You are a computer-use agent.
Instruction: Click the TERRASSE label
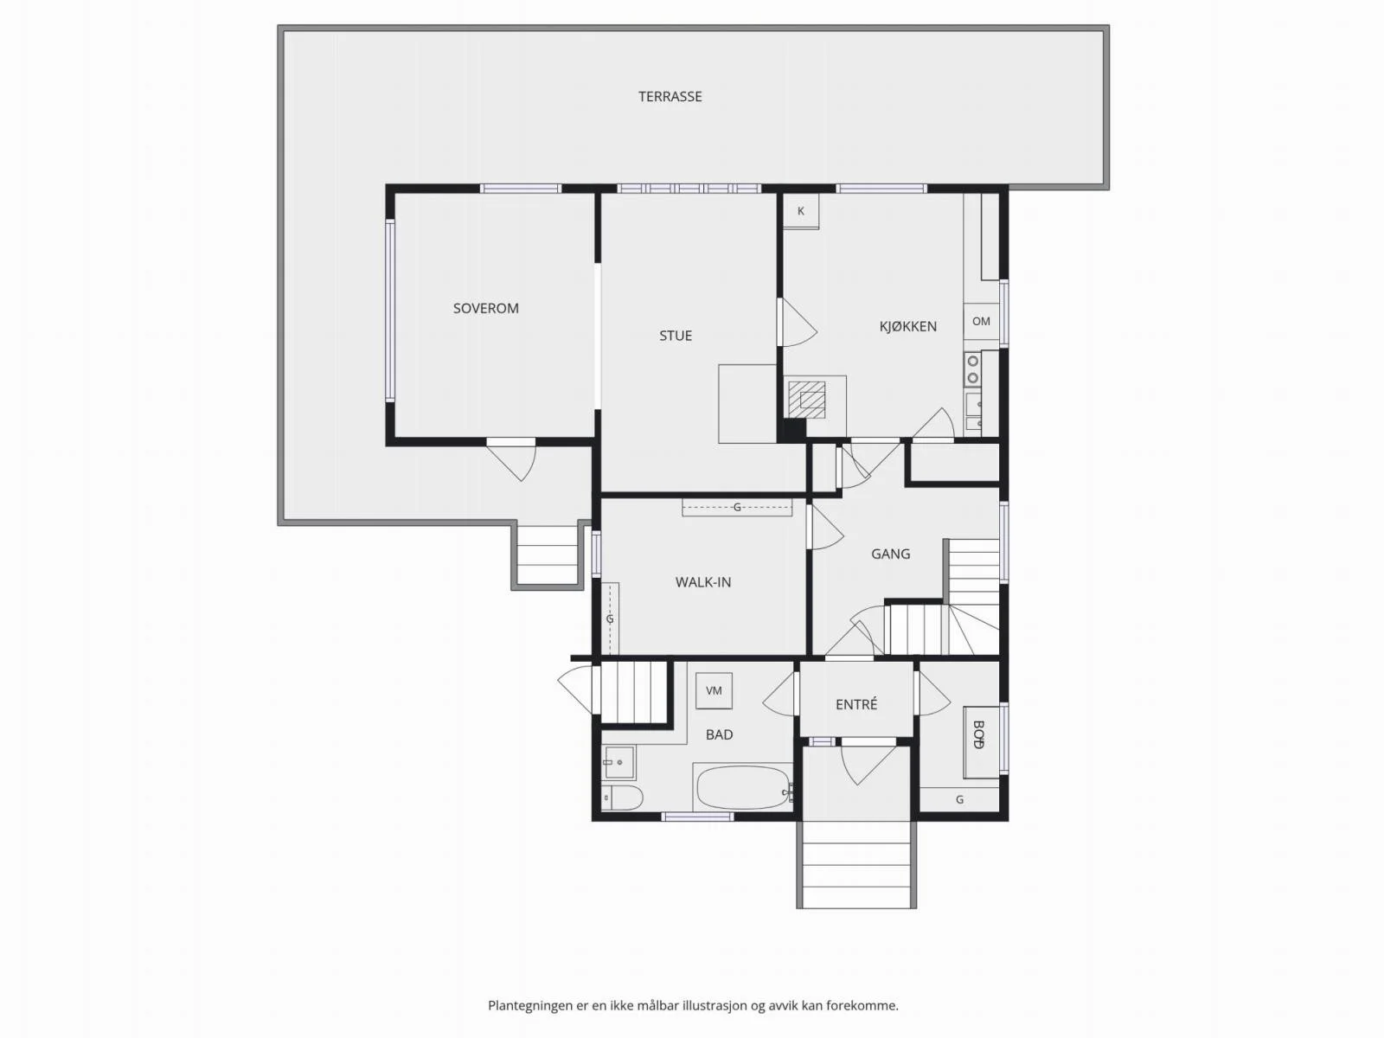[x=670, y=96]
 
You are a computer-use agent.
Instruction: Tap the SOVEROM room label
[x=485, y=308]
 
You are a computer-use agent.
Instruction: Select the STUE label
[x=676, y=336]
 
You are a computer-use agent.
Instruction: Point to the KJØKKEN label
[x=908, y=326]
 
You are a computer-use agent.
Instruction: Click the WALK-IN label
[x=703, y=581]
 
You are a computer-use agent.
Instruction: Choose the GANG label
[x=890, y=554]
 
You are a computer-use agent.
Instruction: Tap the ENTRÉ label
[x=856, y=704]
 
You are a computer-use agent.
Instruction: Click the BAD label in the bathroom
[x=719, y=734]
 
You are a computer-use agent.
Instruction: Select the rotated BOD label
[x=978, y=734]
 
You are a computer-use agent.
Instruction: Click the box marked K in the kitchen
[x=801, y=211]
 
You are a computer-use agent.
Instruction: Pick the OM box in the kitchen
[x=981, y=322]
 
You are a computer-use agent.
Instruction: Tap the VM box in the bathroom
[x=714, y=691]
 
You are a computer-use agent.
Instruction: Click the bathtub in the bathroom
[x=743, y=788]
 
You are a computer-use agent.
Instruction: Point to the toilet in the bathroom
[x=621, y=798]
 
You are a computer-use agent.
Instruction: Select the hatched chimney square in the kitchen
[x=806, y=400]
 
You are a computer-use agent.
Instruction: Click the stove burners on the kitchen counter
[x=973, y=369]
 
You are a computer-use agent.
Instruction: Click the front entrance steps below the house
[x=856, y=864]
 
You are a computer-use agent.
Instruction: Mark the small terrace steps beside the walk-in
[x=547, y=554]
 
